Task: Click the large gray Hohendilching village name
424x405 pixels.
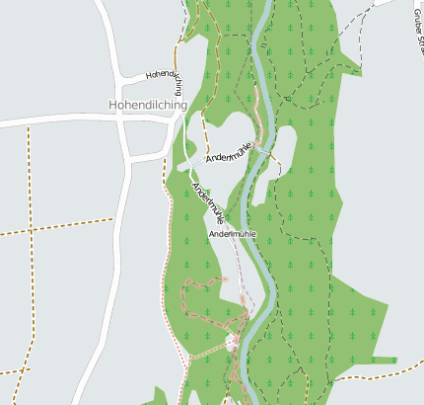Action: click(150, 104)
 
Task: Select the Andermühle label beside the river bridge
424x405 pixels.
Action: click(229, 152)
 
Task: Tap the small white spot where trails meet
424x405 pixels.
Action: click(233, 342)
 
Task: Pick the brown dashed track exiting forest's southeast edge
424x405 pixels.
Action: click(385, 375)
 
